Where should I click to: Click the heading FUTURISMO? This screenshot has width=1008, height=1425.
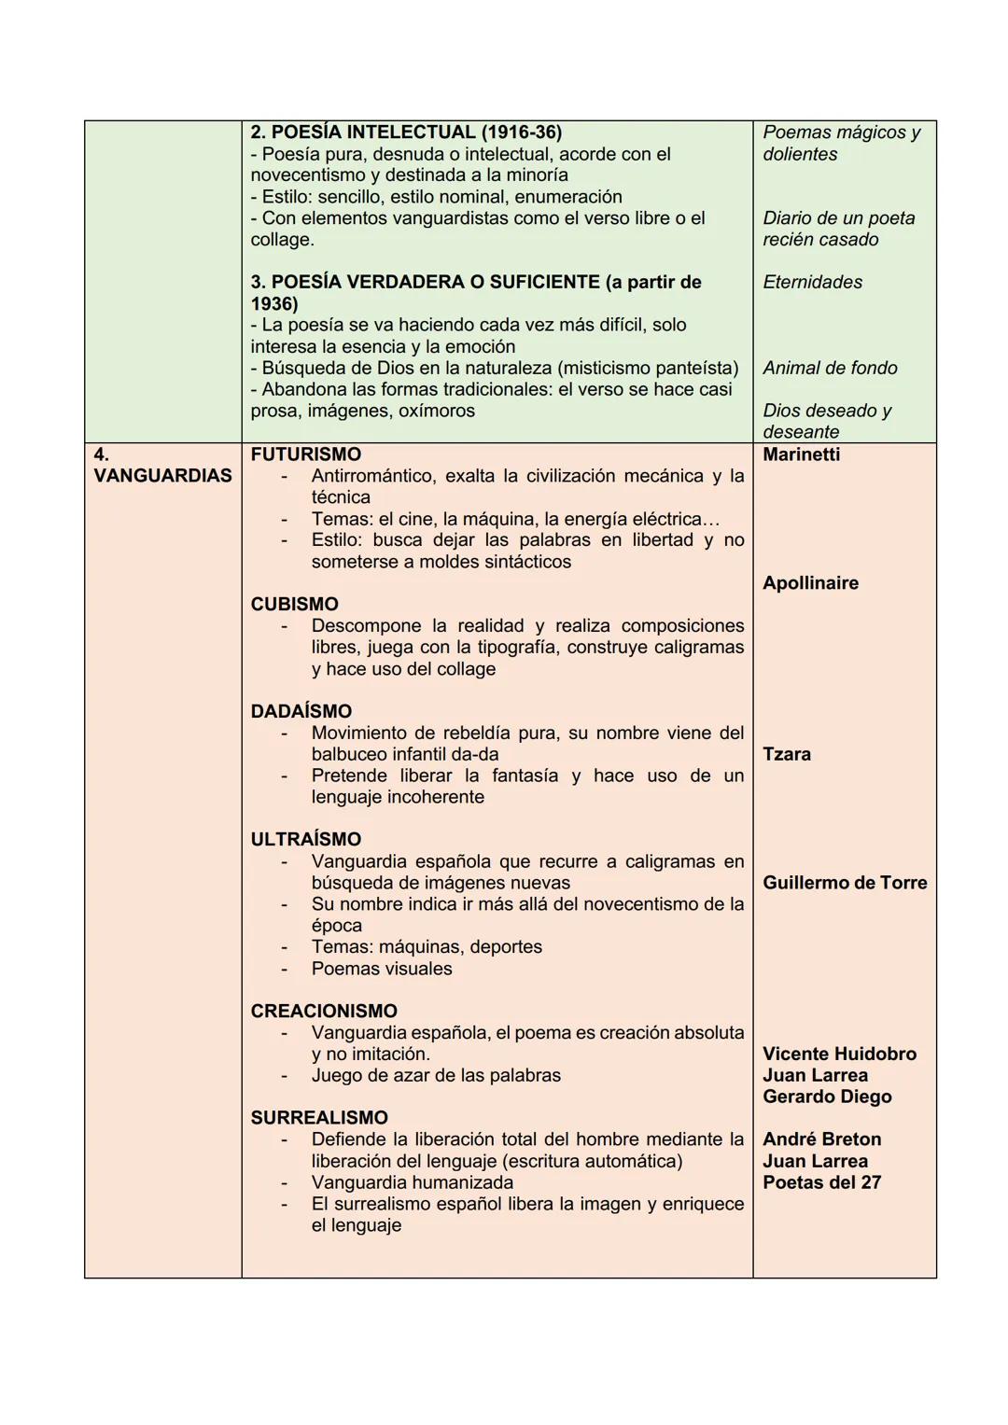(305, 454)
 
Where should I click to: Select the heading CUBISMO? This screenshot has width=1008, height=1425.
(294, 604)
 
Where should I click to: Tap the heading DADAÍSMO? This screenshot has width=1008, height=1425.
(301, 711)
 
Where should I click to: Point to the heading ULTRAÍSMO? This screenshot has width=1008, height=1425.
(305, 839)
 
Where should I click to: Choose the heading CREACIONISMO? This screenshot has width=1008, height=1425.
(324, 1011)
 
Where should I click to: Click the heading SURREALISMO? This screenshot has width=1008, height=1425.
(319, 1117)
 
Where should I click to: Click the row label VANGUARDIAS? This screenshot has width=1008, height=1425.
(162, 476)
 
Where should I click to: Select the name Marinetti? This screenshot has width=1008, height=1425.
(801, 454)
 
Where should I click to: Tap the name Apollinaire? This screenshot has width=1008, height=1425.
(810, 583)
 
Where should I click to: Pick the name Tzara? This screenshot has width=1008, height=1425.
(786, 754)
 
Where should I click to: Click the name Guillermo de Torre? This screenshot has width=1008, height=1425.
(845, 883)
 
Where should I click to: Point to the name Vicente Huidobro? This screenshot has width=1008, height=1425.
(839, 1054)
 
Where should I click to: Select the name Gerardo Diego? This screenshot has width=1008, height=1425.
(827, 1097)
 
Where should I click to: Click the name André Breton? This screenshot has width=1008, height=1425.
(821, 1139)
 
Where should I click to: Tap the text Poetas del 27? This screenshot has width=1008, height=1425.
(821, 1182)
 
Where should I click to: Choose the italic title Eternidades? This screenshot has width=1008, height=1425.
(812, 282)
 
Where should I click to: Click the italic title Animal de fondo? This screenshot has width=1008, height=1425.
(830, 368)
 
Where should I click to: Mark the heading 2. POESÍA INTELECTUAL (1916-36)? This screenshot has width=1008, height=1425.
(406, 133)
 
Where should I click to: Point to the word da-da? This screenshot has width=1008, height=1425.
(475, 754)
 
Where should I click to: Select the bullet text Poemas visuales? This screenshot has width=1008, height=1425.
(382, 969)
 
